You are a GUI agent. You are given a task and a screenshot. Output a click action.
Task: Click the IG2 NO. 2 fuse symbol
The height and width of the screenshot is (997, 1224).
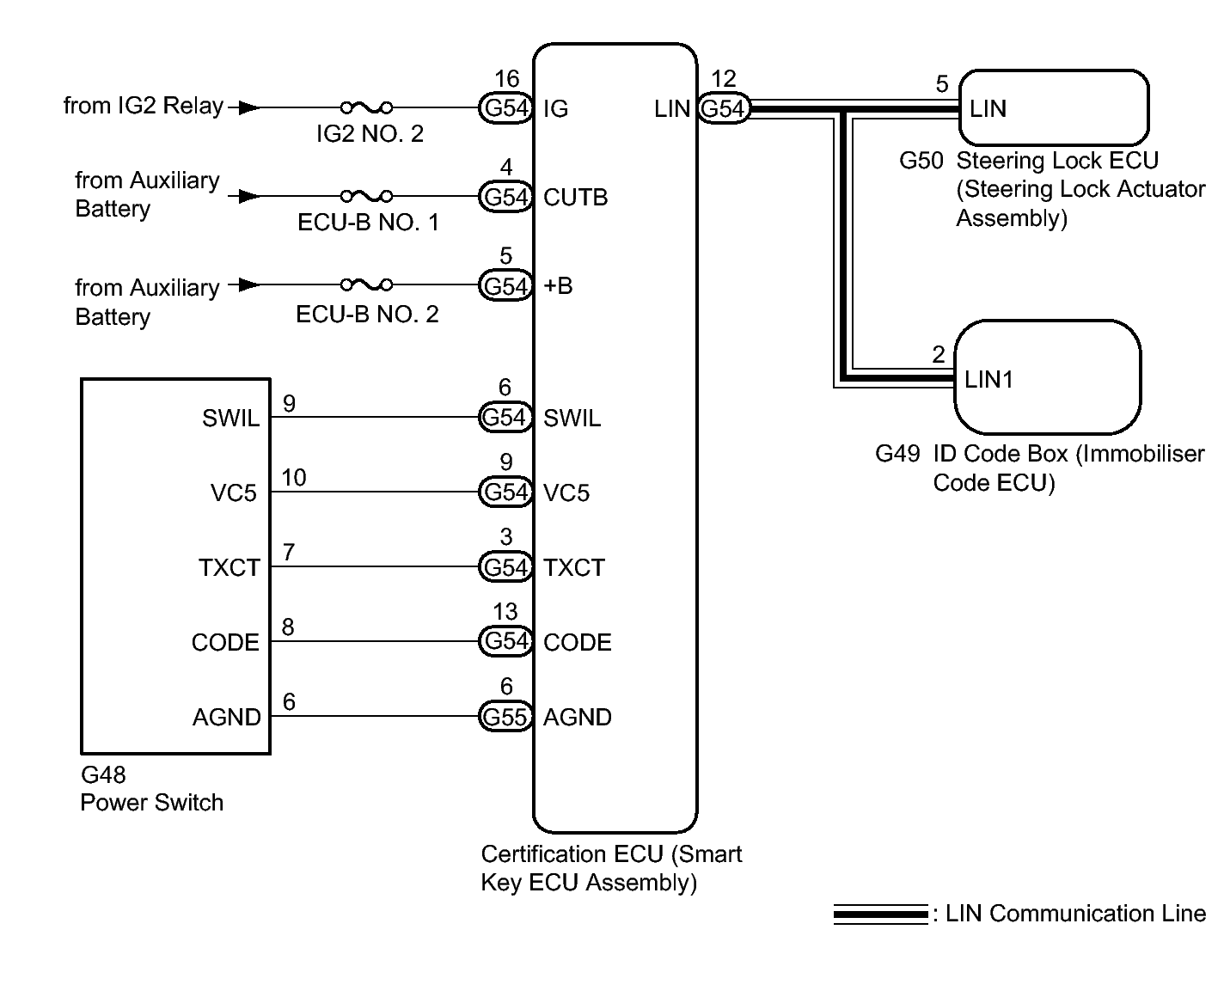tap(367, 107)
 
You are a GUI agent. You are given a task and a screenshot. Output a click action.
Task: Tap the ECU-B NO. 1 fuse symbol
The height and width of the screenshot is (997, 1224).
tap(367, 196)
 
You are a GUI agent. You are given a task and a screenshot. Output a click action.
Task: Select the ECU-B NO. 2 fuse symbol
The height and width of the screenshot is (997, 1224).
tap(367, 284)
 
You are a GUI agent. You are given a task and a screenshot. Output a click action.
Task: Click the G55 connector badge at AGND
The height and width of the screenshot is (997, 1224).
tap(505, 717)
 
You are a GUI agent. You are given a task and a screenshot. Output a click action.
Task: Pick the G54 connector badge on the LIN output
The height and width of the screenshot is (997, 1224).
tap(723, 108)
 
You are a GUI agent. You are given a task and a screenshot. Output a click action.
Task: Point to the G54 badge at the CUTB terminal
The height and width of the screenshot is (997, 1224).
tap(505, 197)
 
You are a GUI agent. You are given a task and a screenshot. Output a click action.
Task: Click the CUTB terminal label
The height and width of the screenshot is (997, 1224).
tap(575, 198)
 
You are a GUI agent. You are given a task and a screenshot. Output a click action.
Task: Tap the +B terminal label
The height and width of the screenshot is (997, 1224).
tap(558, 285)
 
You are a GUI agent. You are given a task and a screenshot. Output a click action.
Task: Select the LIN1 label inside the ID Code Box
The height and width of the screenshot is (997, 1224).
tap(988, 379)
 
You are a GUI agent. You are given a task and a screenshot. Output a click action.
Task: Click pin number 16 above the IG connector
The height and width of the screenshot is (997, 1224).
tap(506, 79)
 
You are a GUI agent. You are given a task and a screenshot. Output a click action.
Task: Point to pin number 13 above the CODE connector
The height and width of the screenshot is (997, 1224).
tap(505, 612)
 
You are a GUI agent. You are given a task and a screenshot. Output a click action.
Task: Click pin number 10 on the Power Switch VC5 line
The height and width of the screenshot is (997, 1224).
tap(294, 478)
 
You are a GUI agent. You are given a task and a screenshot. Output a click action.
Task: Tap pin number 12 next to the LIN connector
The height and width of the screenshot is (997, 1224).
tap(724, 79)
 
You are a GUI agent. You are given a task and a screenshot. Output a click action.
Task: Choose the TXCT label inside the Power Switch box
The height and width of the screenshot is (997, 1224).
tap(229, 567)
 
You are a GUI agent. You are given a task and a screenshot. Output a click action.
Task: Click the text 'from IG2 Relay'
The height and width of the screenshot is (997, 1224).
tap(143, 106)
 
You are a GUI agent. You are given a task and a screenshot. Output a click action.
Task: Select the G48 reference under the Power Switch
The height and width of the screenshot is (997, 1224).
tap(103, 774)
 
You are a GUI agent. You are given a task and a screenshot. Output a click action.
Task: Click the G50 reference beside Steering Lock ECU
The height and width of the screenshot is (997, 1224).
tap(921, 161)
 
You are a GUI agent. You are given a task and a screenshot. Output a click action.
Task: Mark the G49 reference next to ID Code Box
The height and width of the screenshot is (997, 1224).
tap(897, 453)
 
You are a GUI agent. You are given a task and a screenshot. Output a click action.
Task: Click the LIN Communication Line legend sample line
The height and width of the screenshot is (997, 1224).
tap(880, 914)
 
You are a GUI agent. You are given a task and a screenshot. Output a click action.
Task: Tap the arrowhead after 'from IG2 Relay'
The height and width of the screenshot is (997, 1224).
tap(248, 107)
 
